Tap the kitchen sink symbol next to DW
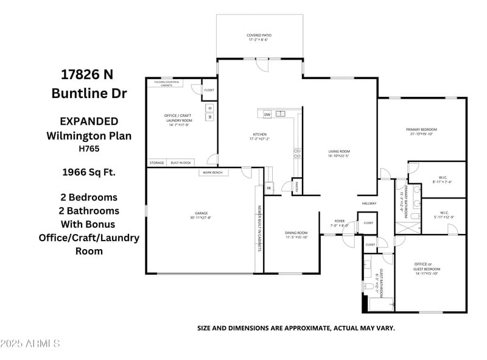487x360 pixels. tap(281, 114)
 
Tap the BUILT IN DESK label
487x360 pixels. tap(181, 163)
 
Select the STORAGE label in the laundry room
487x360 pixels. tap(157, 163)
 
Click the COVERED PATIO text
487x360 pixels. tap(259, 35)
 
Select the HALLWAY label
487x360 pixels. tap(370, 203)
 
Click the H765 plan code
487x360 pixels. tap(88, 148)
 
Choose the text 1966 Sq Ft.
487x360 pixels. tap(88, 172)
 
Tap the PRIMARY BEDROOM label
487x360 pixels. tap(422, 129)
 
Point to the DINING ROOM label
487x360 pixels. tap(296, 233)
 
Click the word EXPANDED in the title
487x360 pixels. tap(88, 121)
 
